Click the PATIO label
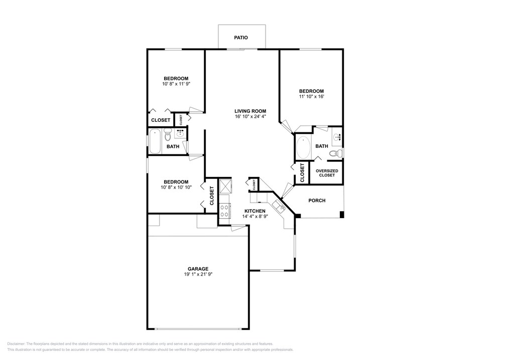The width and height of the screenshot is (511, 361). [x=241, y=38]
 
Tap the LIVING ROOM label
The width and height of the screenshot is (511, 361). [x=250, y=111]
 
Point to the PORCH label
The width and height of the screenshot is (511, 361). [x=317, y=201]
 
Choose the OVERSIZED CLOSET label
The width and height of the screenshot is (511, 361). [x=326, y=173]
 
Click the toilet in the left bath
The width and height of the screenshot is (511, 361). [x=168, y=135]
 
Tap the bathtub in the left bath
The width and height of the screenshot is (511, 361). [x=155, y=141]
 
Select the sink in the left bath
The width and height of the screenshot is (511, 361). [x=180, y=133]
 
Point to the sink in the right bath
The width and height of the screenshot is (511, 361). [x=337, y=136]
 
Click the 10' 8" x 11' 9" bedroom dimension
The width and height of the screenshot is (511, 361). [x=176, y=84]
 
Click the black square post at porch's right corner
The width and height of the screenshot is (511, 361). [x=342, y=215]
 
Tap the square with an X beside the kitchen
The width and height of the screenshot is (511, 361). [x=224, y=187]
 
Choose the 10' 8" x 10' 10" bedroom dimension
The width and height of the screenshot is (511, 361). [x=176, y=188]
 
